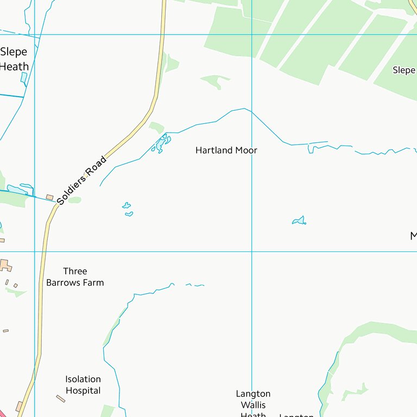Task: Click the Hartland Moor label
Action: [x=226, y=150]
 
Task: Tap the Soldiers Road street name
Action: [x=82, y=181]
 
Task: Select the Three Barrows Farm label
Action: [x=75, y=277]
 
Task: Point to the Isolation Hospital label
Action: [x=83, y=385]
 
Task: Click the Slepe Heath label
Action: [x=14, y=60]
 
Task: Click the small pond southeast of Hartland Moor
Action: [x=299, y=220]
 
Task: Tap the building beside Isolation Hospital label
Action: [x=60, y=399]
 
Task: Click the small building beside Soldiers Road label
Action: [x=50, y=197]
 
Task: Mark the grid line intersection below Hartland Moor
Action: [x=251, y=251]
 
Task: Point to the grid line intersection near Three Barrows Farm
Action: [x=34, y=251]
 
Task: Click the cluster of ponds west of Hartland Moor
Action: [x=161, y=144]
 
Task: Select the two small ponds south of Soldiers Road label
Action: [x=128, y=209]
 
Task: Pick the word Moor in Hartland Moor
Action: [x=245, y=150]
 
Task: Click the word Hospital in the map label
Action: [x=83, y=390]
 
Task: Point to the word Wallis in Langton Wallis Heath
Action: [x=253, y=405]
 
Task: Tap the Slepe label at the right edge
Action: [x=404, y=70]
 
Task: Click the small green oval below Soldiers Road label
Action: [x=74, y=200]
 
